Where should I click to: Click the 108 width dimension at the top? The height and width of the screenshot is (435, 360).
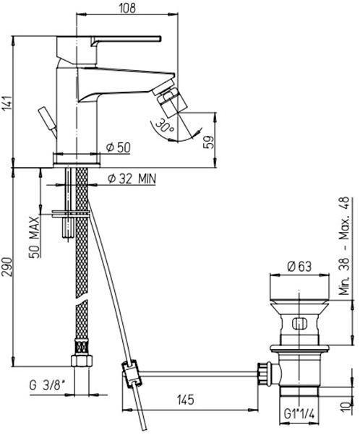(x=127, y=8)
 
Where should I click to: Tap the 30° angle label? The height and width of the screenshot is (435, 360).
(x=164, y=126)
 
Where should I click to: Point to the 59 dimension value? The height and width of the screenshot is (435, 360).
(x=210, y=142)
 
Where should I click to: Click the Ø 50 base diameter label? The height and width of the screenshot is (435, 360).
(x=119, y=147)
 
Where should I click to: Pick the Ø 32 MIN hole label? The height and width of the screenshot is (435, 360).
(x=132, y=179)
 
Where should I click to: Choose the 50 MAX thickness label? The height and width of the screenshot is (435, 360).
(x=35, y=238)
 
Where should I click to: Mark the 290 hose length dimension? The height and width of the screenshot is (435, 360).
(x=7, y=267)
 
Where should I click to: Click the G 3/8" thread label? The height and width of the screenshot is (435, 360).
(x=47, y=386)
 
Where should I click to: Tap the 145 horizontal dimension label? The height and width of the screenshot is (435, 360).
(x=186, y=400)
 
